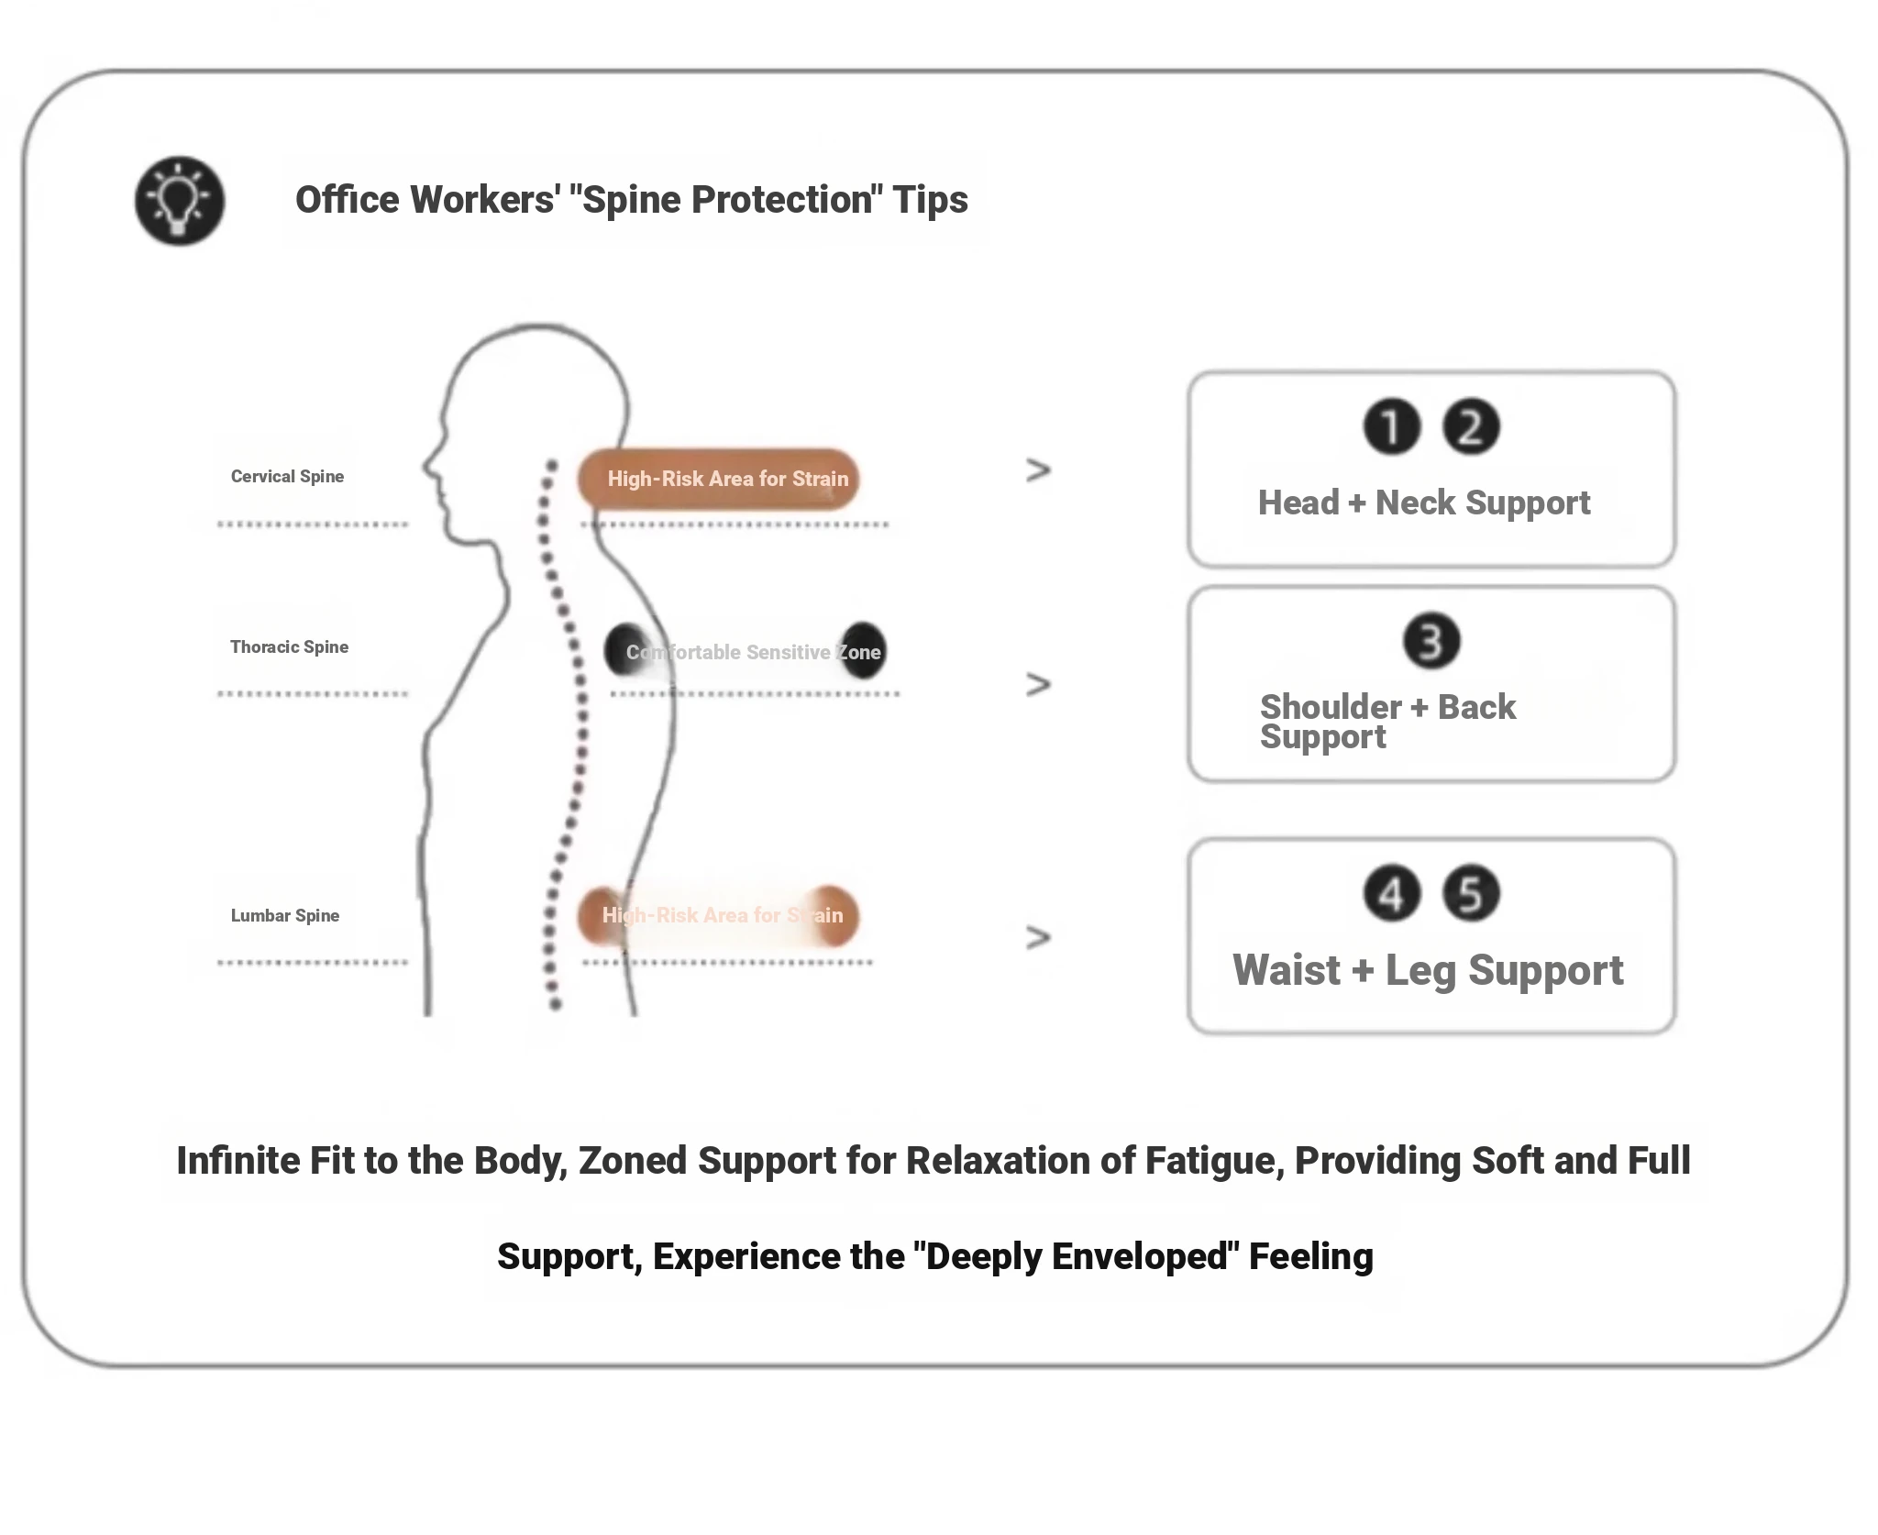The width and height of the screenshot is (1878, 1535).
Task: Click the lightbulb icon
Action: [x=180, y=200]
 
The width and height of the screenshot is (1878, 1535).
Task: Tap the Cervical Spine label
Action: [x=287, y=477]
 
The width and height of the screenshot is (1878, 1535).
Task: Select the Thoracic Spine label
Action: [x=289, y=647]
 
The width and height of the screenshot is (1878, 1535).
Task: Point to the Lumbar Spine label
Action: [x=284, y=916]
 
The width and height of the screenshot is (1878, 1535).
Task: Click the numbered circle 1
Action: [x=1391, y=427]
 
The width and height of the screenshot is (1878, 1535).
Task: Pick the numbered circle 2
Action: [x=1471, y=427]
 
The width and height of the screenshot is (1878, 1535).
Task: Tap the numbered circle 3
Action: [x=1431, y=641]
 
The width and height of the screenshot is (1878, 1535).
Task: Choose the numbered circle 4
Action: [x=1391, y=894]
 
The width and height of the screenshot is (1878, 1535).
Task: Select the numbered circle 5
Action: [x=1471, y=894]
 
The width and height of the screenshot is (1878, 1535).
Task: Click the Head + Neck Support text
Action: [x=1423, y=503]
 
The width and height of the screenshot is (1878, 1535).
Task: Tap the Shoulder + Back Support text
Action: [x=1386, y=722]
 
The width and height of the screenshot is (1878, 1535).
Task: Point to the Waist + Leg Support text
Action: [x=1427, y=971]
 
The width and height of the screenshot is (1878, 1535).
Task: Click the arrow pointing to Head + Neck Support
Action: [x=1038, y=471]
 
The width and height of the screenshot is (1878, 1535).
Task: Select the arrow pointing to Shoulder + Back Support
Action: [x=1038, y=685]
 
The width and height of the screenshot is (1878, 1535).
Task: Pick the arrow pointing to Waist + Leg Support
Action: [x=1038, y=937]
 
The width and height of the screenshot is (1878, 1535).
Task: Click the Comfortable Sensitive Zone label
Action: [x=753, y=653]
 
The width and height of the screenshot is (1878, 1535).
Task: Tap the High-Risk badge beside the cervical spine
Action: [x=718, y=479]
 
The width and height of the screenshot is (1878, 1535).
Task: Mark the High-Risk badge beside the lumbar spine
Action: [x=718, y=915]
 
